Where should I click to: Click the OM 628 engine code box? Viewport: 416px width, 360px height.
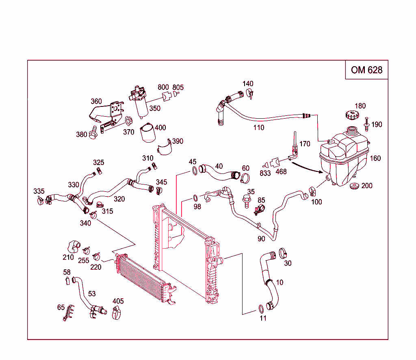(x=366, y=70)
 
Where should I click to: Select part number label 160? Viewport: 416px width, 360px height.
(x=375, y=158)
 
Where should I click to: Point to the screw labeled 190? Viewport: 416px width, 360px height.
(x=367, y=124)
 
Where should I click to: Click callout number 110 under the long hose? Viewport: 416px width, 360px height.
(x=258, y=128)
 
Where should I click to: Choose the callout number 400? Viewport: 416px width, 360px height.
(x=160, y=128)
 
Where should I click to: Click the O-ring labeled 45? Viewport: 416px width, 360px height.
(x=195, y=170)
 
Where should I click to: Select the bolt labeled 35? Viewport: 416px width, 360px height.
(x=246, y=200)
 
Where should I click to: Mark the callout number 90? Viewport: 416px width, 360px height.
(x=261, y=239)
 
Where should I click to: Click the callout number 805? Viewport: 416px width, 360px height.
(x=178, y=87)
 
